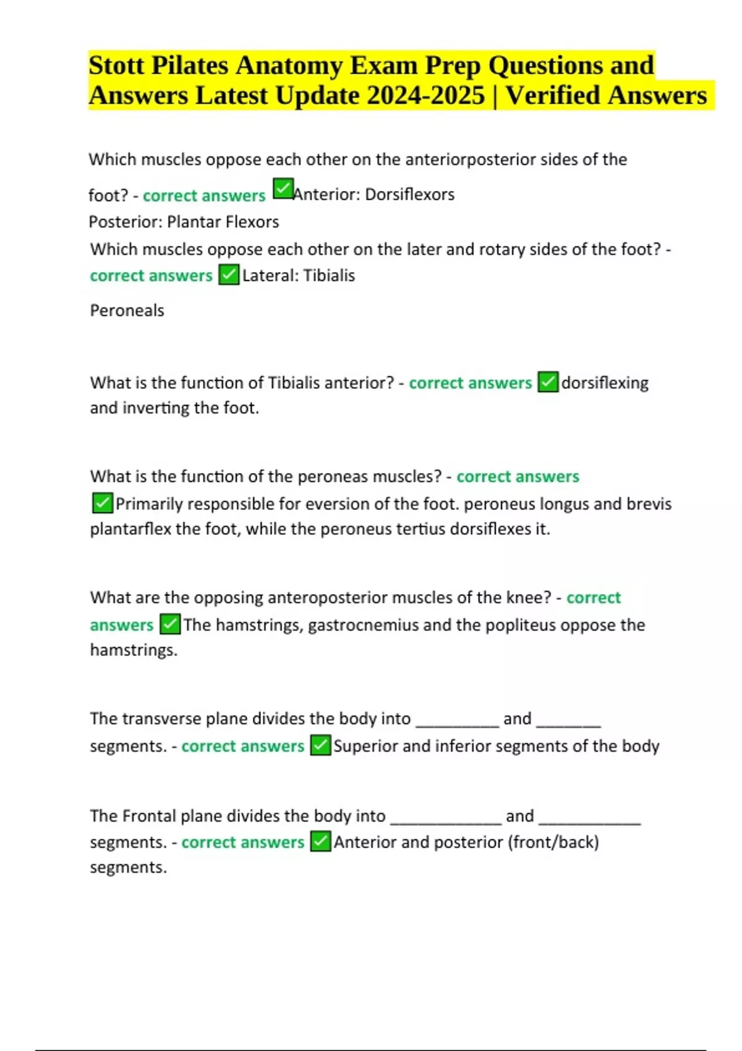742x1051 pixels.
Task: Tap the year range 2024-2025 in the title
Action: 425,96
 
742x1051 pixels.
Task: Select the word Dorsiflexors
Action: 409,195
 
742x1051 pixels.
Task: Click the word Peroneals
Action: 127,310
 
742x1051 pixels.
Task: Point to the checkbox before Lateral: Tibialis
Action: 229,274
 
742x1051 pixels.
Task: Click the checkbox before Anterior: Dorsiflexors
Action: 283,189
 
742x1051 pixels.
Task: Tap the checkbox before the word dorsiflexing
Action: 548,382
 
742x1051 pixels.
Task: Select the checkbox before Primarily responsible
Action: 102,503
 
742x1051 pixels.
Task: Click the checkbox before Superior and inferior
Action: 320,746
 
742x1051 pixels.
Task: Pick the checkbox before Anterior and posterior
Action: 320,841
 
